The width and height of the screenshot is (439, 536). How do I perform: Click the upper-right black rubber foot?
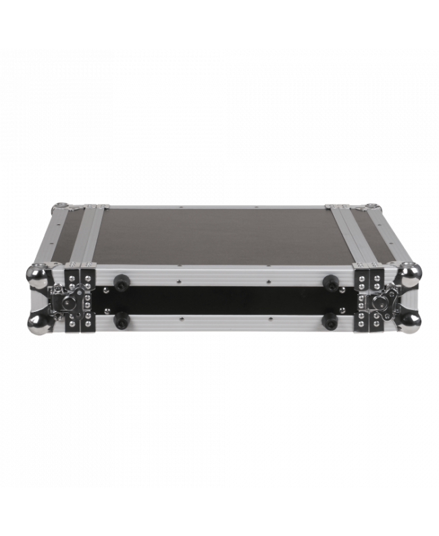point(330,280)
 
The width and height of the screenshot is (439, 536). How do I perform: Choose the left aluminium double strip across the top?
point(88,236)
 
